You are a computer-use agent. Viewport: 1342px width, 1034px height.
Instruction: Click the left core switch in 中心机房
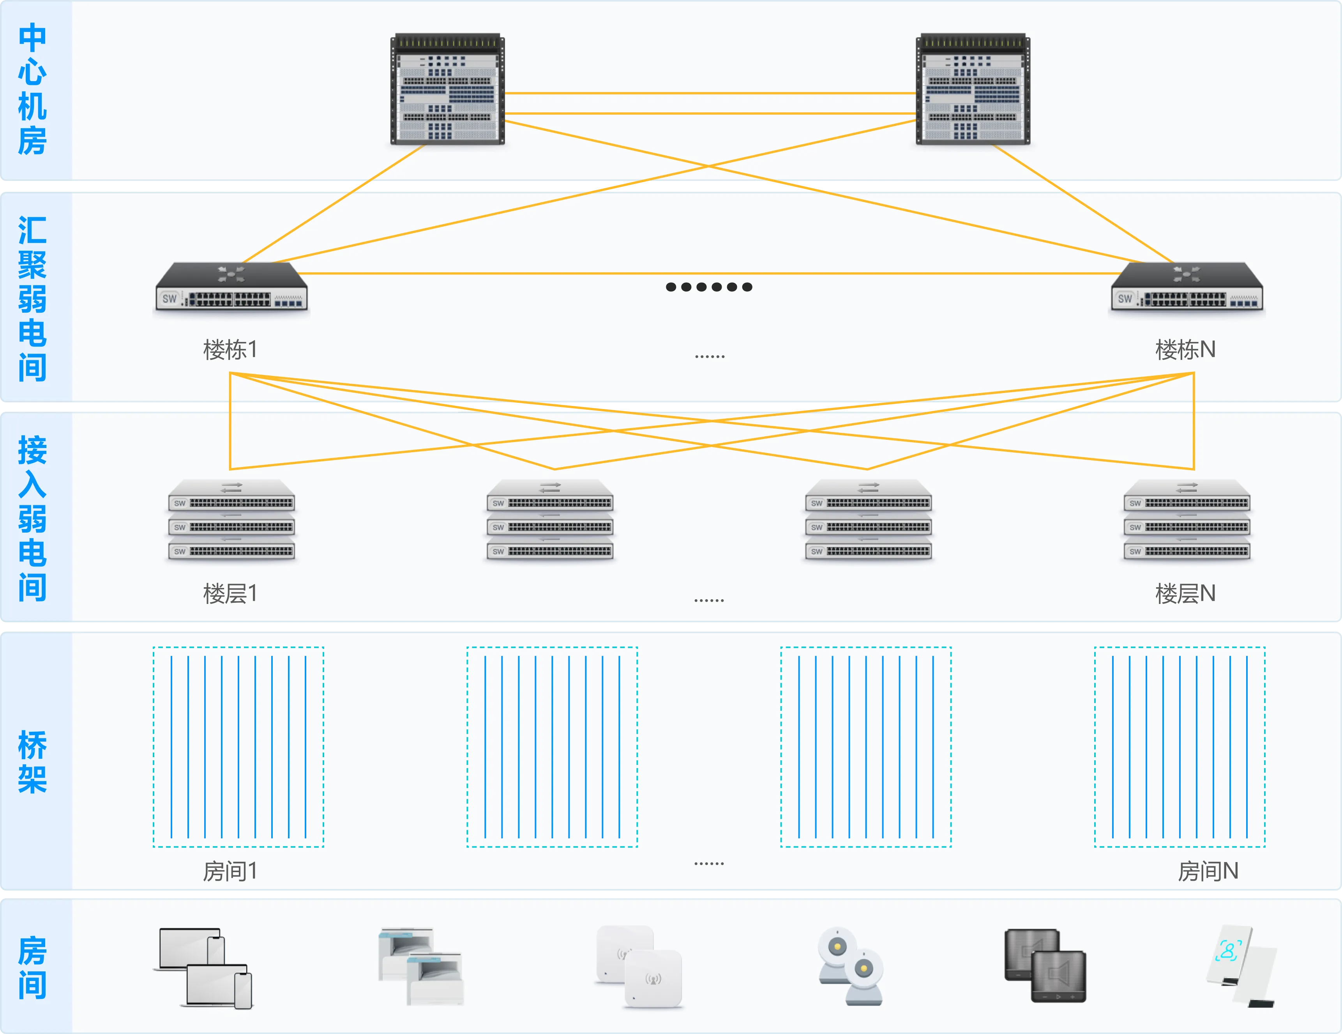pyautogui.click(x=447, y=90)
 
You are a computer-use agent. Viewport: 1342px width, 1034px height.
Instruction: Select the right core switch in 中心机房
pyautogui.click(x=973, y=90)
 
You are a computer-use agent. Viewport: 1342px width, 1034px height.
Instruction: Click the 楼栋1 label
pyautogui.click(x=230, y=350)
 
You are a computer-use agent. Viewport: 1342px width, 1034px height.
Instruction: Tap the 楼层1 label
pyautogui.click(x=230, y=594)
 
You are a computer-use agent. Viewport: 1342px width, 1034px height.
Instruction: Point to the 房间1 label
pyautogui.click(x=230, y=871)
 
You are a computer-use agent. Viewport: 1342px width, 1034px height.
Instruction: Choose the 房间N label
pyautogui.click(x=1208, y=871)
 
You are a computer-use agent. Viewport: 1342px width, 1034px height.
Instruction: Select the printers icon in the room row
pyautogui.click(x=421, y=967)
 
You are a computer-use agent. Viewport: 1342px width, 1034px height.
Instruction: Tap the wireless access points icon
pyautogui.click(x=639, y=967)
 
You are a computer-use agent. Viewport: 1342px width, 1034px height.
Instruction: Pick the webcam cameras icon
pyautogui.click(x=851, y=967)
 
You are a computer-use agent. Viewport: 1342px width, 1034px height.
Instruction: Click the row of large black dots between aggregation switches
pyautogui.click(x=709, y=287)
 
